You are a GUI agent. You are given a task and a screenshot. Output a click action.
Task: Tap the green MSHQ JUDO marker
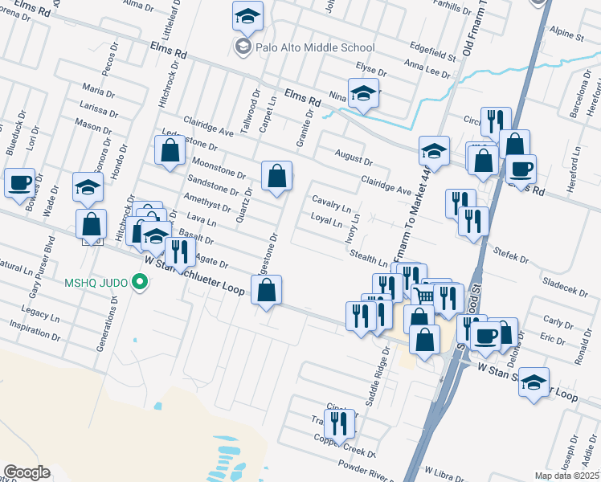click(x=141, y=282)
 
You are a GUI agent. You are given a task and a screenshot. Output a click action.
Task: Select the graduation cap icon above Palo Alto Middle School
click(x=248, y=16)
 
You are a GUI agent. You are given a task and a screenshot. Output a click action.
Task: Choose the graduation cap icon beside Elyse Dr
click(x=363, y=93)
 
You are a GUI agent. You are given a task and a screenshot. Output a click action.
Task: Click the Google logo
click(x=27, y=472)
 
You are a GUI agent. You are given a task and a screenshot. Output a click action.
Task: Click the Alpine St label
click(x=567, y=36)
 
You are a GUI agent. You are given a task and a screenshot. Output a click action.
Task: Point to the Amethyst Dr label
click(x=207, y=203)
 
